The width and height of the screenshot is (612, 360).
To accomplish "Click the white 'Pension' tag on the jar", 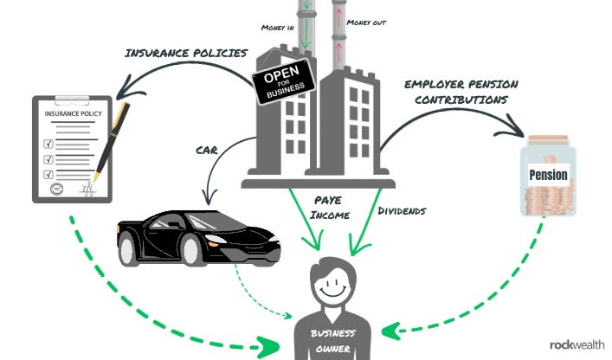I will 547,175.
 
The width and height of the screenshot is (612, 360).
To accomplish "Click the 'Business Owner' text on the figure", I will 333,340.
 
